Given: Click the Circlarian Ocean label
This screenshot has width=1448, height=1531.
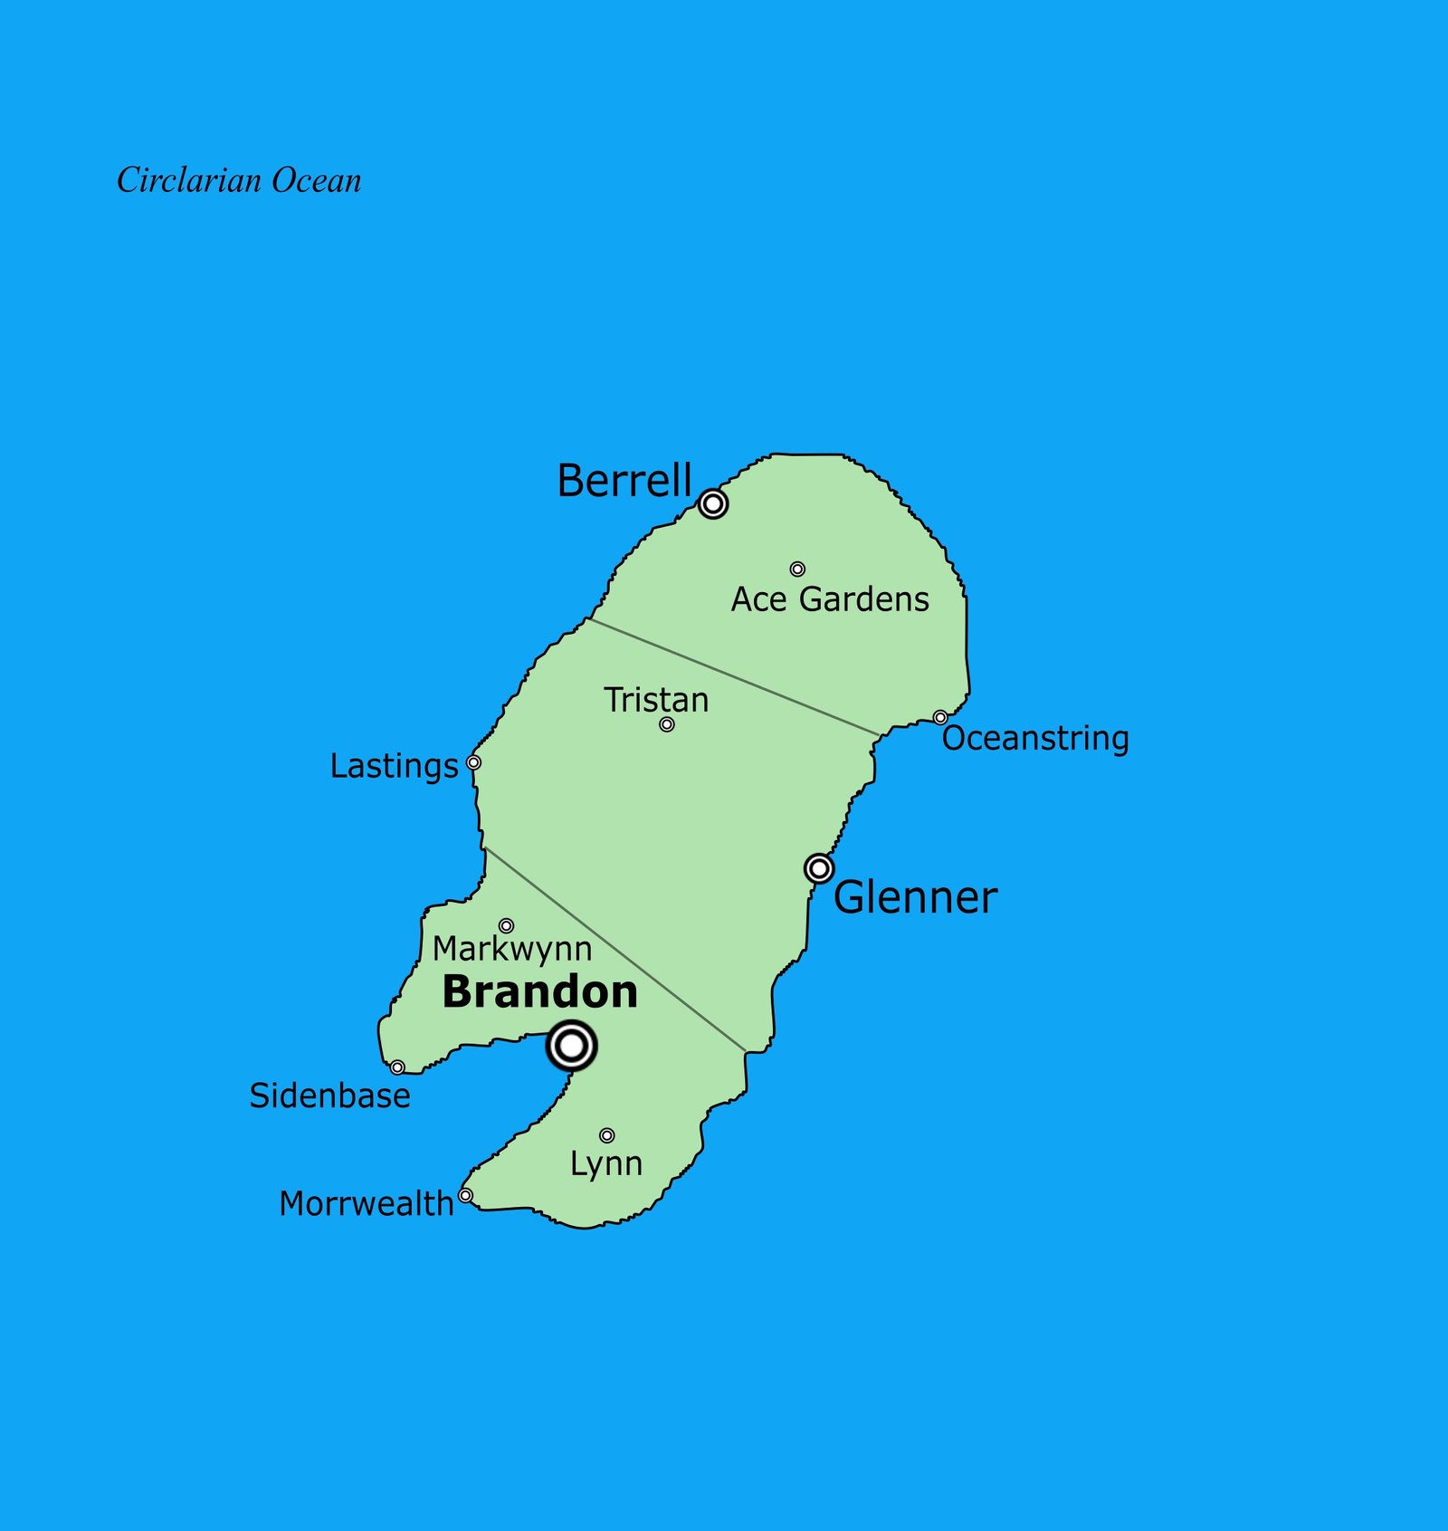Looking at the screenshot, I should point(239,180).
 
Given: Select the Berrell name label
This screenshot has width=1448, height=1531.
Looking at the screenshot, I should point(624,480).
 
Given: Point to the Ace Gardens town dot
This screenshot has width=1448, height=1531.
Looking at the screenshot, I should point(797,569).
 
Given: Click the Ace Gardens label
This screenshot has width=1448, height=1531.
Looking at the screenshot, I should point(830,599).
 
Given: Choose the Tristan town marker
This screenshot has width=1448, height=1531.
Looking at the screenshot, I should point(667,724).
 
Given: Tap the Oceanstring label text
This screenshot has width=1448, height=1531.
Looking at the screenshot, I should point(1035,739).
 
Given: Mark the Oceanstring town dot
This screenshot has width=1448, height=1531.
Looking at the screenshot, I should point(940,718).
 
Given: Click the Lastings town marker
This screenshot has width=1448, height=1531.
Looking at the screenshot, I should point(473,762).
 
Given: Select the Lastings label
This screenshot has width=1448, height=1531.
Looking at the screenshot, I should point(394,766).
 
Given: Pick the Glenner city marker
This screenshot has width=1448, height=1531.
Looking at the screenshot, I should point(819,869).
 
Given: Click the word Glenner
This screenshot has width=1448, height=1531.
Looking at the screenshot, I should point(915,898).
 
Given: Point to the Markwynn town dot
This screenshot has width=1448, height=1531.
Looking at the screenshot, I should point(507,926).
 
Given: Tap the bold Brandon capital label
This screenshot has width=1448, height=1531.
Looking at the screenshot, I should point(540,992).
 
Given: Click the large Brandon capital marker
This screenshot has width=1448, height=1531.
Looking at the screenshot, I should point(572,1046).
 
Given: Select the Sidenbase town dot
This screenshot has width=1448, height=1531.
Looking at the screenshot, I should point(397,1067).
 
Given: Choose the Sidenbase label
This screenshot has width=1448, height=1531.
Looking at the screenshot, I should point(329,1096).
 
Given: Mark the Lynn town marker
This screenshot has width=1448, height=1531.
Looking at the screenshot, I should point(607,1135).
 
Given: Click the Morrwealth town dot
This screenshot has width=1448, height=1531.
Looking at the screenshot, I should point(465,1196).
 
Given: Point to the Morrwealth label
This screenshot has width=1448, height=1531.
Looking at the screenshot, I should point(366,1204).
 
